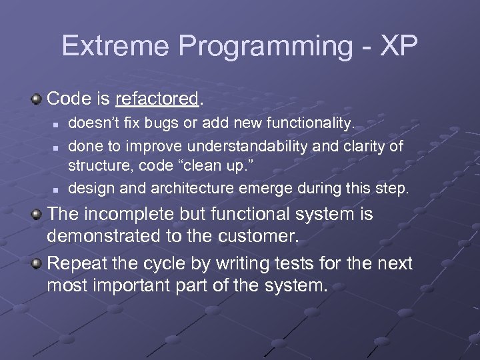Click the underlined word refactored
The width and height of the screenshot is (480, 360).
(157, 99)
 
